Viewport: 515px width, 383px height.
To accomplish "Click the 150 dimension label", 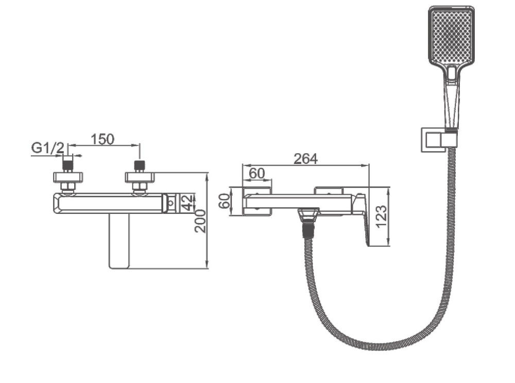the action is coord(102,139).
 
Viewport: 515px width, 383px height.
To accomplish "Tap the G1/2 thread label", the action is coord(47,148).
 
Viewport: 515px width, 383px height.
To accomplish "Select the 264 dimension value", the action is coord(305,159).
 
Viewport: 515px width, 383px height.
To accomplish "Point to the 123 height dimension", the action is coord(382,217).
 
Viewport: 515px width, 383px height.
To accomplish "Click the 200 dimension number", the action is coord(200,221).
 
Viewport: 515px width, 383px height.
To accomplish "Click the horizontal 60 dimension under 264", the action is coord(256,173).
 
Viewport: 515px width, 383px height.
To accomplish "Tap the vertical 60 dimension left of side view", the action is coord(225,201).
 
